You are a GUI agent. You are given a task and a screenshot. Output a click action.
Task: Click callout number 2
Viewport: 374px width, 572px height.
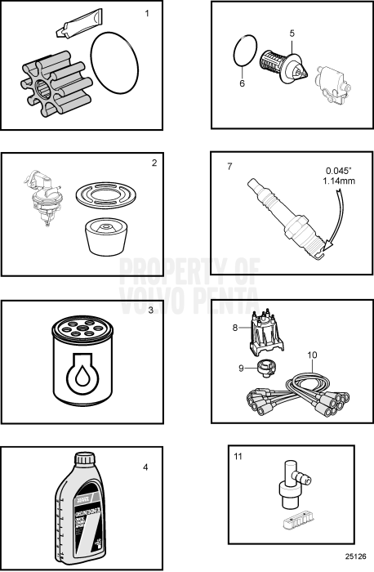pyautogui.click(x=154, y=163)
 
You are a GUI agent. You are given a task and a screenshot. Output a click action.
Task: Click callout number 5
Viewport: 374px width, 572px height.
pyautogui.click(x=292, y=34)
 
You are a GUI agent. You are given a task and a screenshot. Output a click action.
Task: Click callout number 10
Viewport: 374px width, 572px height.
pyautogui.click(x=311, y=355)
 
